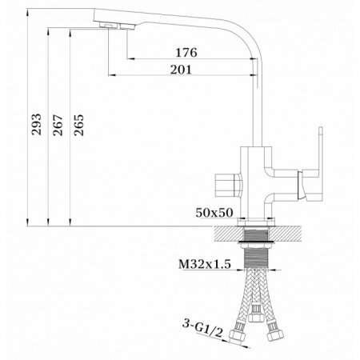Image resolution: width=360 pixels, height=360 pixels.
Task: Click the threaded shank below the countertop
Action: (x=258, y=255)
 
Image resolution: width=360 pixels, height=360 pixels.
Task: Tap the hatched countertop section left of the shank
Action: (x=224, y=230)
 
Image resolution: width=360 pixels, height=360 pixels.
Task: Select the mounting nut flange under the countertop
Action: (x=258, y=238)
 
